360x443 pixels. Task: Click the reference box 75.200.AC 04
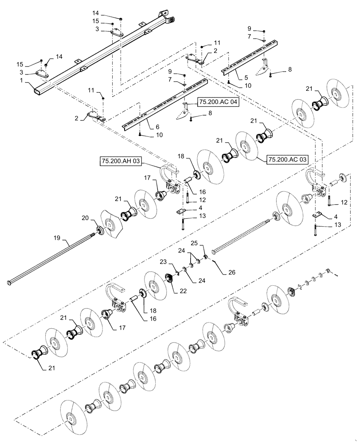pyautogui.click(x=219, y=102)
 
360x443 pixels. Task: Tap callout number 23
pyautogui.click(x=163, y=262)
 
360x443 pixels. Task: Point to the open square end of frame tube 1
pyautogui.click(x=35, y=92)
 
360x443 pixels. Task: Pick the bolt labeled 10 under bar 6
pyautogui.click(x=140, y=134)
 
